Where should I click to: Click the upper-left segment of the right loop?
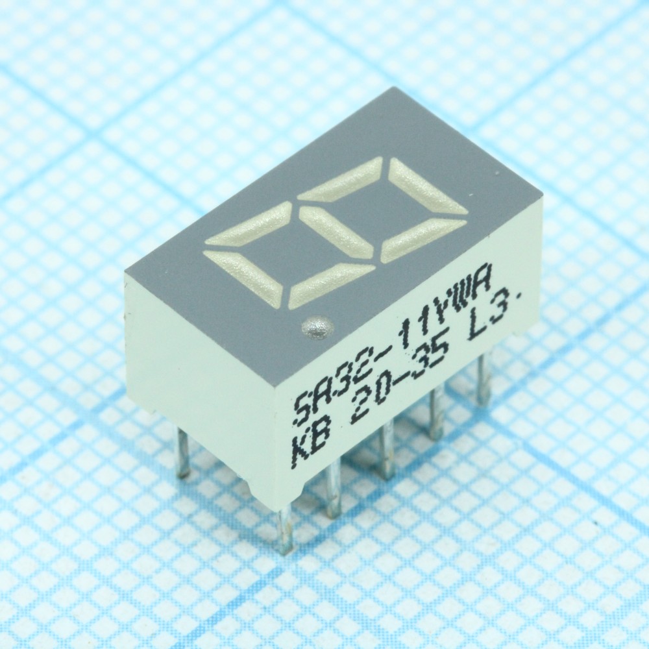point(340,178)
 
